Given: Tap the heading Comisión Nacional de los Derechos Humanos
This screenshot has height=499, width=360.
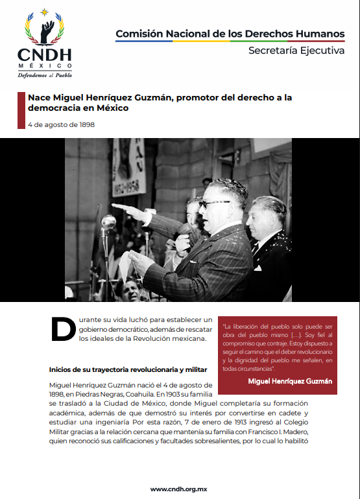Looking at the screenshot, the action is coord(230,33).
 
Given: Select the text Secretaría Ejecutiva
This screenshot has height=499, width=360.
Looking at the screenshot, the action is coord(296,51).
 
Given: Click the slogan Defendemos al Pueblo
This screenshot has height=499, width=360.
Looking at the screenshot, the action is coord(45,74).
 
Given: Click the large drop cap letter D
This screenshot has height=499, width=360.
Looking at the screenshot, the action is coord(63,329).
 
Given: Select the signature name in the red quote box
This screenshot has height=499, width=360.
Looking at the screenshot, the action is coord(290,381).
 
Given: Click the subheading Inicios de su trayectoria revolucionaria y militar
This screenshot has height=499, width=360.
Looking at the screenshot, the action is coord(128,369).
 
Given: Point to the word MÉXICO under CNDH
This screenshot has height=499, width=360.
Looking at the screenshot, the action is coord(45,65).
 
